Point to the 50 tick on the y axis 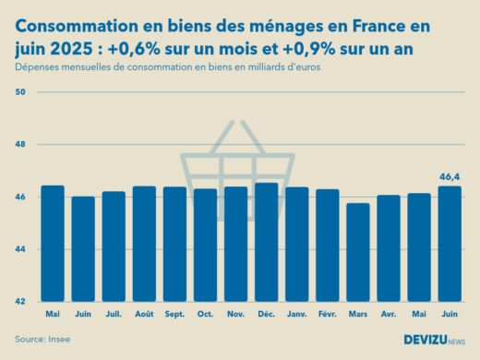tap(20, 92)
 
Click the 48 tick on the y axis tap(20, 145)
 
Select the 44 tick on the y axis tap(20, 249)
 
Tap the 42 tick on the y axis tap(20, 302)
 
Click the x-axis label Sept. tap(174, 315)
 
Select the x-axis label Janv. tap(296, 315)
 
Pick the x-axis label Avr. tap(388, 315)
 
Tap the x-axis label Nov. tap(235, 315)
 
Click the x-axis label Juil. tap(114, 315)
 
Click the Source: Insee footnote tap(42, 340)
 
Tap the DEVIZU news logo tap(434, 340)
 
